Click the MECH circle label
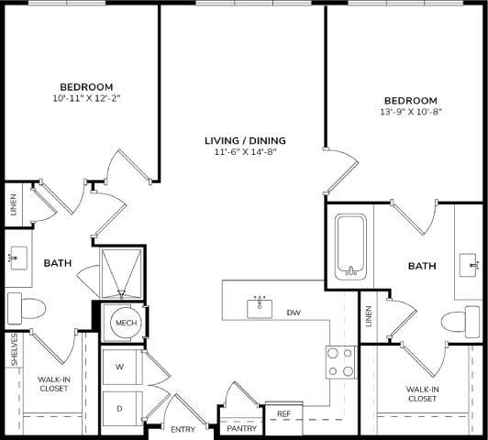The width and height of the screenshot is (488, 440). click(125, 324)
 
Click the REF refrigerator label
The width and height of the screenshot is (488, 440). click(283, 414)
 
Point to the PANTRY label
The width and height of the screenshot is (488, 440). click(241, 428)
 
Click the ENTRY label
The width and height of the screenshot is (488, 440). click(183, 428)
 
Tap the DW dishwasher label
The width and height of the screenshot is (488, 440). click(294, 313)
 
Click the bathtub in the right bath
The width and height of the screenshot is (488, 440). click(351, 246)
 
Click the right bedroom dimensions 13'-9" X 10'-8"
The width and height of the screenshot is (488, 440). click(410, 113)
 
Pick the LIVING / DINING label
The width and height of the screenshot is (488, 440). click(245, 140)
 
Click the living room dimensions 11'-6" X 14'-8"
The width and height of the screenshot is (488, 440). click(245, 152)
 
